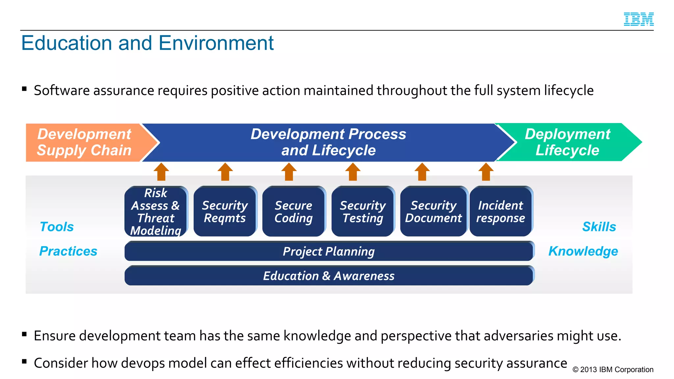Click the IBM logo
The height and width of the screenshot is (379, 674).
click(638, 19)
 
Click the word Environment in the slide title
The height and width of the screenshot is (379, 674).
click(216, 43)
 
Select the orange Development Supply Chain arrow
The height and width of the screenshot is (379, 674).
click(84, 142)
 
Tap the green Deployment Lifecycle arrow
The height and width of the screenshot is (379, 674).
click(567, 142)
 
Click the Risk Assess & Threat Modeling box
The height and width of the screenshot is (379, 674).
click(156, 211)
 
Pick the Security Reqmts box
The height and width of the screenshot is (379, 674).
click(225, 211)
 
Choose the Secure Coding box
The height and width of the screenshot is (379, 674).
click(294, 211)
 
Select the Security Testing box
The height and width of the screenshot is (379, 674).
click(363, 211)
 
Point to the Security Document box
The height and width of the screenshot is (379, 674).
click(433, 211)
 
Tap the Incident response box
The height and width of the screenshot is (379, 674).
click(501, 211)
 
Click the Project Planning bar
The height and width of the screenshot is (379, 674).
click(329, 251)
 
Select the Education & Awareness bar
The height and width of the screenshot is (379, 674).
click(329, 276)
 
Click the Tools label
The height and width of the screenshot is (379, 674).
click(57, 227)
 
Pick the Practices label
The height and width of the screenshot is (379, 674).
click(68, 251)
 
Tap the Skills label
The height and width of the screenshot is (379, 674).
click(599, 227)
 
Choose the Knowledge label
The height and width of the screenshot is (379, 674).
click(583, 251)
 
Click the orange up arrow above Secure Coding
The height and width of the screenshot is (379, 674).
click(289, 172)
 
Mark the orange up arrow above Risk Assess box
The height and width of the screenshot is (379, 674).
click(161, 172)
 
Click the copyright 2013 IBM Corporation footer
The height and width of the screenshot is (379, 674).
click(613, 369)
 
